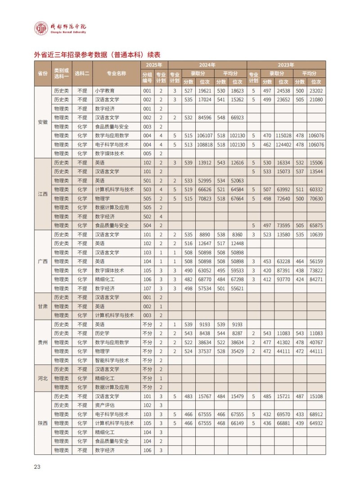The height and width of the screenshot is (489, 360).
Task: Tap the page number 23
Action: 37,467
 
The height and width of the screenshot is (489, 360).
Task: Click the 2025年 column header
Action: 154,65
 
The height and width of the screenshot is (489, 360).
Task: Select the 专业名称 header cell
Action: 116,73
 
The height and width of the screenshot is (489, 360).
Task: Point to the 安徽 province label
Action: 43,122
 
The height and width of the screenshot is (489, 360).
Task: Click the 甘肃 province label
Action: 43,306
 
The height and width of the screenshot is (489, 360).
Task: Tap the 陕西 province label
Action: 43,423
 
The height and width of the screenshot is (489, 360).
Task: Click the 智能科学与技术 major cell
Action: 112,360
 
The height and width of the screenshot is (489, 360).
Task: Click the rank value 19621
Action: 204,90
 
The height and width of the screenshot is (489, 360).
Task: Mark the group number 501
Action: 147,180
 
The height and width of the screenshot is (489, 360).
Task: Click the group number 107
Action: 147,288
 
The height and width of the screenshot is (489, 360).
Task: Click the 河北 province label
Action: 43,378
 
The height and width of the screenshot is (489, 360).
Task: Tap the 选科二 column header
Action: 82,73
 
